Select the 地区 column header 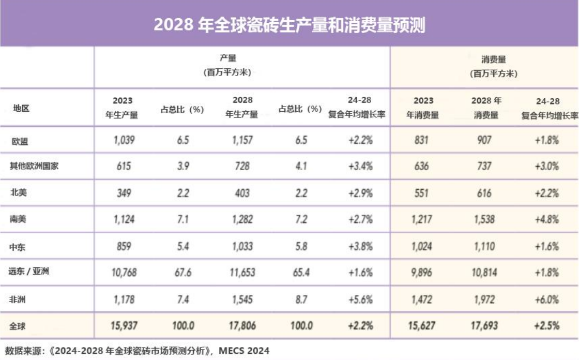(21, 109)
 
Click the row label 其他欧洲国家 (34, 166)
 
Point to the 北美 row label (18, 193)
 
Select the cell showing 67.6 (181, 272)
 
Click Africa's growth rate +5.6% (360, 299)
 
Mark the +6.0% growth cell (547, 299)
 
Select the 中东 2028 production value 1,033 (242, 246)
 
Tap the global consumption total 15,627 (422, 326)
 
